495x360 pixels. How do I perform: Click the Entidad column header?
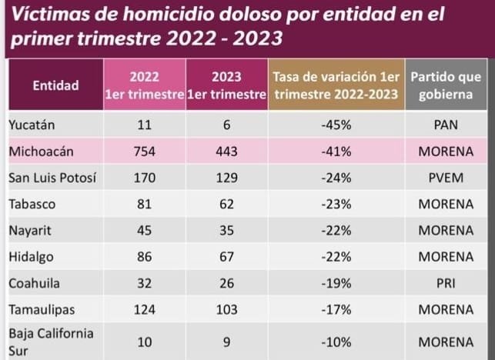[x=55, y=85]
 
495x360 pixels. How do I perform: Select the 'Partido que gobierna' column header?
[x=446, y=85]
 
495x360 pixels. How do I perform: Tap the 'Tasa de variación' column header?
[x=336, y=85]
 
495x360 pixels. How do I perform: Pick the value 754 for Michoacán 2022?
[x=144, y=152]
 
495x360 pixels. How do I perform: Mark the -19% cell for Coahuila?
[x=336, y=282]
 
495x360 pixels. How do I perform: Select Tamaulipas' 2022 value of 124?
[x=144, y=308]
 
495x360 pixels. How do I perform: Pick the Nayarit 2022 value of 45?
[x=144, y=230]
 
